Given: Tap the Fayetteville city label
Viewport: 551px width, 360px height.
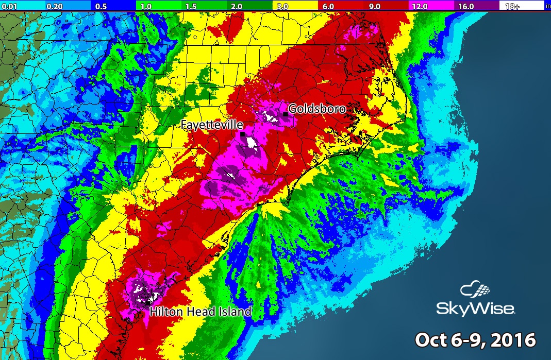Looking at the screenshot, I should point(211,124).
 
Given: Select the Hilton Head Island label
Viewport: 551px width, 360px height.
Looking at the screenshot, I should point(201,311).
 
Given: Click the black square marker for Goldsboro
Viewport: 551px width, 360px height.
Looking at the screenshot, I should point(285,113).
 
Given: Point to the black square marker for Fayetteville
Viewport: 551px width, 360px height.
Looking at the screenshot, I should point(242,134).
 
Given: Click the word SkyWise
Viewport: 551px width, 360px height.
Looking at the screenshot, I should point(475,309).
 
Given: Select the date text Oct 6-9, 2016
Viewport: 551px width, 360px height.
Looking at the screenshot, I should point(475,340).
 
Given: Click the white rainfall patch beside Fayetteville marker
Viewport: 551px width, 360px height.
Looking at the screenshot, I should point(252,141).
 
